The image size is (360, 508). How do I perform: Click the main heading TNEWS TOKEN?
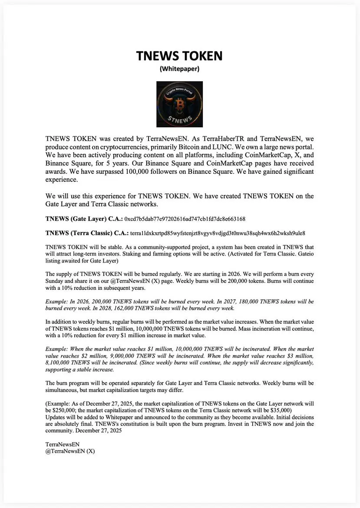[x=179, y=56]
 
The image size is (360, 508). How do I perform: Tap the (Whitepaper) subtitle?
[x=179, y=69]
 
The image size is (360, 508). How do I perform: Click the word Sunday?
[x=56, y=281]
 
